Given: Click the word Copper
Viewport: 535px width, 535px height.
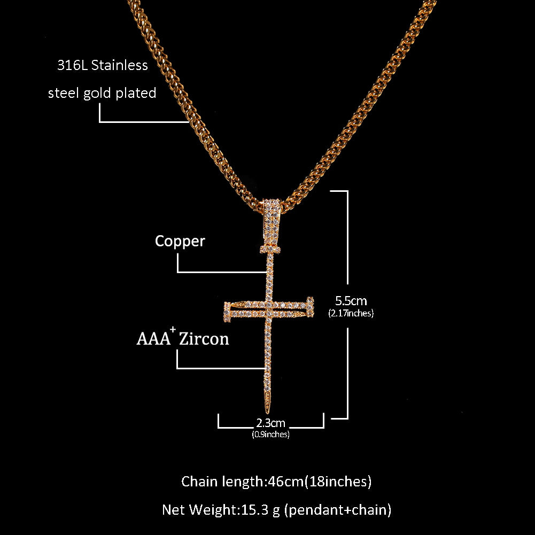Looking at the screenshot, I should (x=180, y=242).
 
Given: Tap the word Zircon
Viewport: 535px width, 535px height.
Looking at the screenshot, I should (x=204, y=339).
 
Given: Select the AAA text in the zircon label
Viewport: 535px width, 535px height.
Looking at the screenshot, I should (x=153, y=339).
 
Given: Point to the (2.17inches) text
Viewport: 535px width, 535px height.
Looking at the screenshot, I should (x=351, y=314).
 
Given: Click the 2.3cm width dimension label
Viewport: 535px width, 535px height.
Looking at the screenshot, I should (x=271, y=424).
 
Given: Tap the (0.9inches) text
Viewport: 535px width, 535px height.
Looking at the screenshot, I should (x=270, y=435).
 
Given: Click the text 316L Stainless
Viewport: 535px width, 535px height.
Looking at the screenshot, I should (x=103, y=66).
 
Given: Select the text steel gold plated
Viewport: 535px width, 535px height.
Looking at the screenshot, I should (x=102, y=94).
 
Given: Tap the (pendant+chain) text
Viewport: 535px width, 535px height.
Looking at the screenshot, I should (x=338, y=510).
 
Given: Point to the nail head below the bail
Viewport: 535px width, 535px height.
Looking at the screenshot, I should (x=272, y=249).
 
